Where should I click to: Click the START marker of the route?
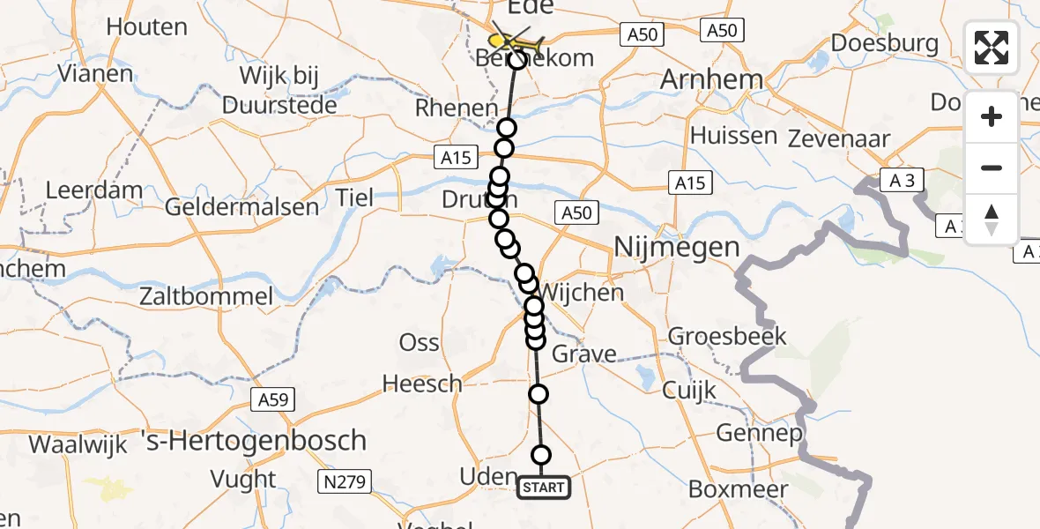(544, 488)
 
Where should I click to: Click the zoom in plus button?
(992, 117)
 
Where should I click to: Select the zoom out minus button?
(992, 168)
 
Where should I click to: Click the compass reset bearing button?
(992, 219)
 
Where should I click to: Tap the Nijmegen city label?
(676, 247)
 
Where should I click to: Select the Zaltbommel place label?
(206, 296)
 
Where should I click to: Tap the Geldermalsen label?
(242, 208)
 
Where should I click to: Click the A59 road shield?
(270, 400)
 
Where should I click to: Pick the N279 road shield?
(345, 481)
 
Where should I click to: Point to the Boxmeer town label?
(733, 488)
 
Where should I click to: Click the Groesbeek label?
(727, 336)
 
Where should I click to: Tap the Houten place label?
(146, 26)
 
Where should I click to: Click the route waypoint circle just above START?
(541, 455)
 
